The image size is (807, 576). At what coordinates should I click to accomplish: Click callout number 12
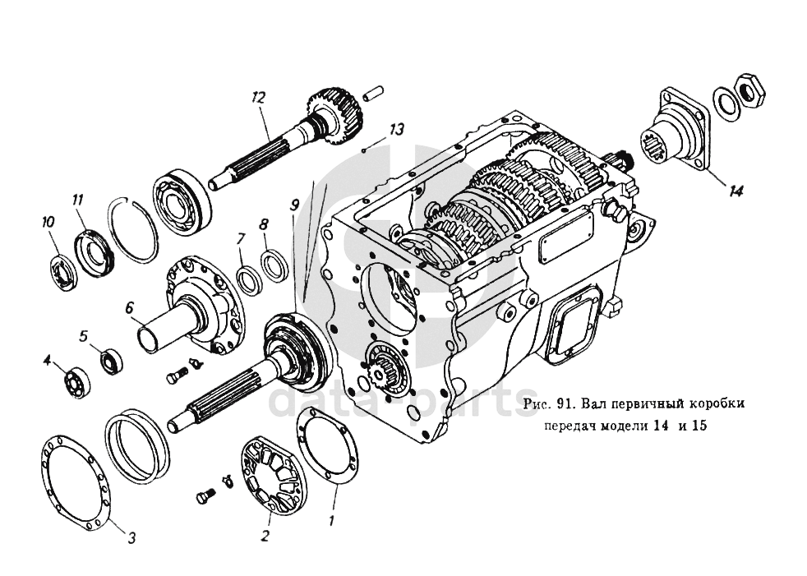(258, 98)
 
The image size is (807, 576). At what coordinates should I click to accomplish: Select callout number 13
(396, 129)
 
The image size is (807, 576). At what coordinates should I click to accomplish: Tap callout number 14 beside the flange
(736, 191)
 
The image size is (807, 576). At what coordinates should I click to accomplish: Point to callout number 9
(294, 206)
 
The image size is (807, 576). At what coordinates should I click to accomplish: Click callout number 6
(129, 308)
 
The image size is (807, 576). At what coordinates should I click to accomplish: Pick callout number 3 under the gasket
(131, 538)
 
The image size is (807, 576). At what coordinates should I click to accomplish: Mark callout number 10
(48, 223)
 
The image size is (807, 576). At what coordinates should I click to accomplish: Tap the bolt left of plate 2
(204, 497)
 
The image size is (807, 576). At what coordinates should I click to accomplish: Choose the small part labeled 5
(111, 362)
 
